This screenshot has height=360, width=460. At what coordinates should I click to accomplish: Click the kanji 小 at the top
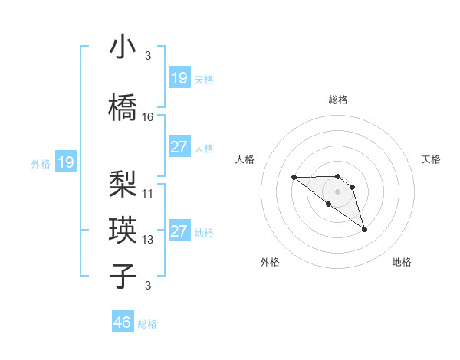(x=123, y=47)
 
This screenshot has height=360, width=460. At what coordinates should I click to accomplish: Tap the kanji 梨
(x=123, y=183)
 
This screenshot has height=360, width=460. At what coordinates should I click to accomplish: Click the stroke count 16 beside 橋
(x=148, y=116)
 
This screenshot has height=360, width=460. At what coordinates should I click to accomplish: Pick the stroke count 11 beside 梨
(x=148, y=193)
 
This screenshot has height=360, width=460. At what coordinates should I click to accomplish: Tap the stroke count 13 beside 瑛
(x=148, y=239)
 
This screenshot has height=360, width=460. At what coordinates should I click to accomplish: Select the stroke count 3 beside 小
(x=148, y=56)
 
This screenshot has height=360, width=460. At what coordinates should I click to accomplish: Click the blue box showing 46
(x=123, y=322)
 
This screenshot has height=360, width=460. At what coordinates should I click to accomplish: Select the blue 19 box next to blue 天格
(x=179, y=78)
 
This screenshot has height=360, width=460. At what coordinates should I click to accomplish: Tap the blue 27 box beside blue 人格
(x=179, y=147)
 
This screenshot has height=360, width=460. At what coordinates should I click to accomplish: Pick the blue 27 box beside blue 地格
(x=179, y=231)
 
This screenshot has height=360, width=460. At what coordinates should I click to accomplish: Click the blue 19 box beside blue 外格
(x=66, y=162)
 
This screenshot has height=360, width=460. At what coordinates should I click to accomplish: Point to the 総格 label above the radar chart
(x=337, y=100)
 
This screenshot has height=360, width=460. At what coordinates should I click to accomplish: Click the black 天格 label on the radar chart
(x=432, y=159)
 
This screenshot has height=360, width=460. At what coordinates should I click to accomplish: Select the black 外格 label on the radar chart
(x=270, y=262)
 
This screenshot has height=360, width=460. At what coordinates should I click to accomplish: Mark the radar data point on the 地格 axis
(x=364, y=228)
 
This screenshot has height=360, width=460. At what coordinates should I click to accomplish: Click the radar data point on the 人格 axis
(x=294, y=178)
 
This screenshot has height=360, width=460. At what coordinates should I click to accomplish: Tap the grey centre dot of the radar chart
(x=337, y=191)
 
